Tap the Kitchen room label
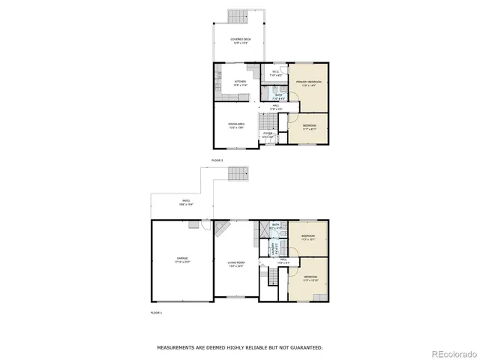click(x=240, y=82)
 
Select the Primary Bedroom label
click(x=309, y=82)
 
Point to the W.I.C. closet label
click(x=276, y=73)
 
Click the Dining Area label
click(x=237, y=125)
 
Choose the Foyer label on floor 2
click(x=268, y=135)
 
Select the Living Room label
click(x=237, y=263)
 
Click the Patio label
click(x=184, y=202)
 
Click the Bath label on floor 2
click(x=278, y=96)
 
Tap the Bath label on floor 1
click(x=276, y=225)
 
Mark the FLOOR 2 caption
click(x=217, y=160)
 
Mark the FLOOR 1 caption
click(x=156, y=311)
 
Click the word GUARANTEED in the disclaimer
click(x=304, y=347)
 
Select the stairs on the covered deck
click(x=237, y=16)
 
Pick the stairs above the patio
click(x=238, y=175)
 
